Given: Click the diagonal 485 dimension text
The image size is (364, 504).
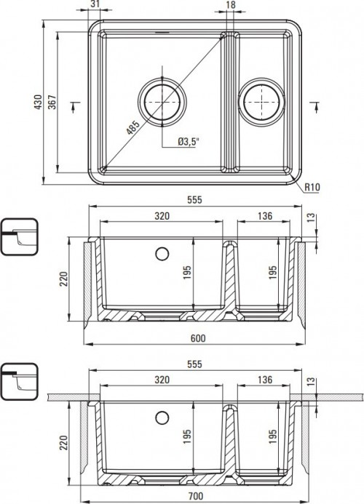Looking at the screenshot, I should tap(132, 130).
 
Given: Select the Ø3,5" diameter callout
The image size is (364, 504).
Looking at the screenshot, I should tap(189, 142).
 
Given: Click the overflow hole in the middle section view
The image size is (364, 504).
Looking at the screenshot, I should tap(162, 254).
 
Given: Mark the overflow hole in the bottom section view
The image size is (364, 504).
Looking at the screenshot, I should tap(162, 417).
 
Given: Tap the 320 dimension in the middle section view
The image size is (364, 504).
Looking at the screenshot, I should tap(162, 216).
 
